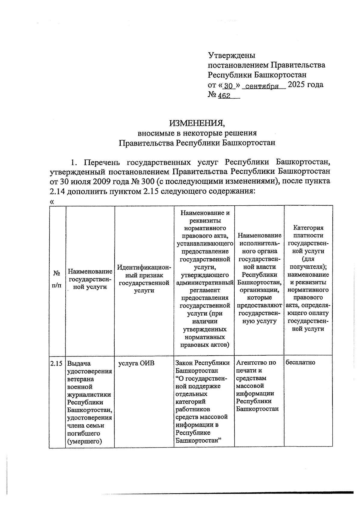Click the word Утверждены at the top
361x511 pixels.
coord(231,55)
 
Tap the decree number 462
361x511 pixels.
coord(224,96)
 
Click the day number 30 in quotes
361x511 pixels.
coord(229,86)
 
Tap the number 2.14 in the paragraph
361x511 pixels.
coord(57,191)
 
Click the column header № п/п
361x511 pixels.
coord(57,279)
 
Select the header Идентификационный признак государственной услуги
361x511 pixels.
coord(144,279)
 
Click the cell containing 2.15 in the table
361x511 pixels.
coord(57,363)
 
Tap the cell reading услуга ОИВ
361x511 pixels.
coord(136,363)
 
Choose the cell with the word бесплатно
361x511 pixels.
coord(300,362)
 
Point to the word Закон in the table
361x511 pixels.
coord(184,363)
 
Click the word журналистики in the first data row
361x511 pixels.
coord(89,394)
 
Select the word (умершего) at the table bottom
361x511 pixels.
coord(85,441)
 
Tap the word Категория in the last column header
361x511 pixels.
coord(308,228)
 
